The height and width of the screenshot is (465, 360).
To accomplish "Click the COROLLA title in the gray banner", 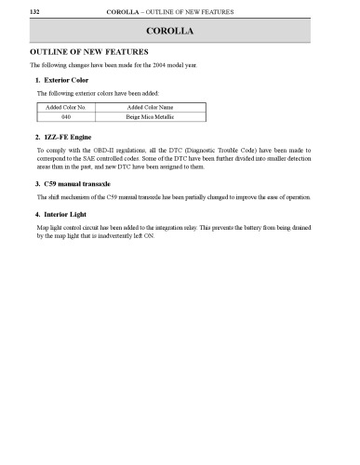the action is coord(180,33).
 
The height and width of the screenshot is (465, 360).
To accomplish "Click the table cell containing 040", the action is coord(66,119).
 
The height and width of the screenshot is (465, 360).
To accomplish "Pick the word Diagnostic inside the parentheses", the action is coord(221,150).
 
